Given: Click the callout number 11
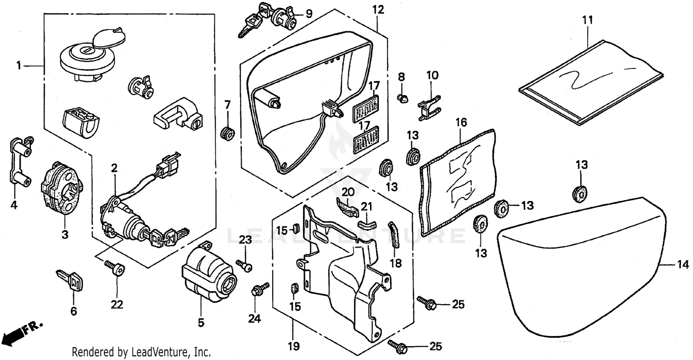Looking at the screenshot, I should [x=587, y=20].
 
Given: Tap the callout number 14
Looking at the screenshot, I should [x=683, y=265].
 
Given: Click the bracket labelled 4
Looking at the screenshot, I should [x=19, y=162].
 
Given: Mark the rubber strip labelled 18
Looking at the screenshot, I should [x=394, y=236].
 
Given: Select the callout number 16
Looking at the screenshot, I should [x=461, y=122].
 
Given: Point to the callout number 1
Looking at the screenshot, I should [x=19, y=66].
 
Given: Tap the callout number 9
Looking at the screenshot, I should [x=308, y=14].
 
